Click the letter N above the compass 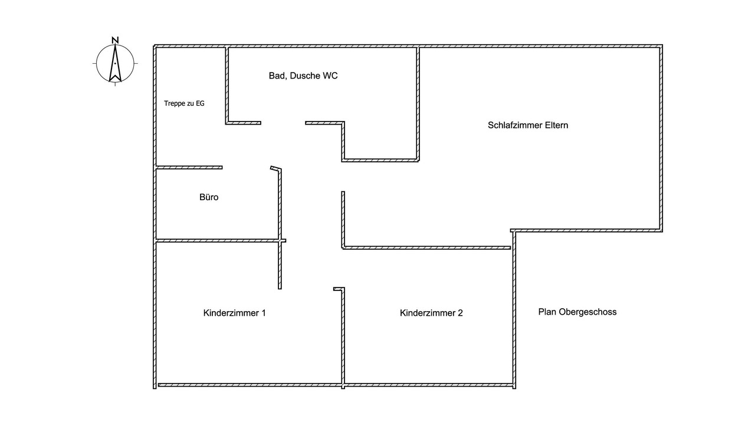[115, 40]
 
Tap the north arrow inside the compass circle [115, 63]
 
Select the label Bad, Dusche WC [303, 76]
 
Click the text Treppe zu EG [184, 103]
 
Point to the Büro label [209, 197]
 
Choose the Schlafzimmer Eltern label [528, 125]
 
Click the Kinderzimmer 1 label [235, 313]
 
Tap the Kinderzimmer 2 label [431, 313]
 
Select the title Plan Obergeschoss [577, 312]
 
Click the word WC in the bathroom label [330, 76]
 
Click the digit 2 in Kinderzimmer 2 [460, 313]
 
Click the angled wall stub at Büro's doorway [275, 168]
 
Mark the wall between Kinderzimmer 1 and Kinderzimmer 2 [343, 337]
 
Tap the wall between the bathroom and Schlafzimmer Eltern [418, 104]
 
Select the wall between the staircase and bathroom [227, 85]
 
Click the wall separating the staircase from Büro [189, 167]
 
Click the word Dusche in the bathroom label [305, 76]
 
